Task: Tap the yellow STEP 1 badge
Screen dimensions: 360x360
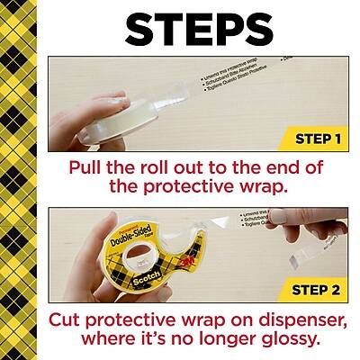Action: point(317,139)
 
